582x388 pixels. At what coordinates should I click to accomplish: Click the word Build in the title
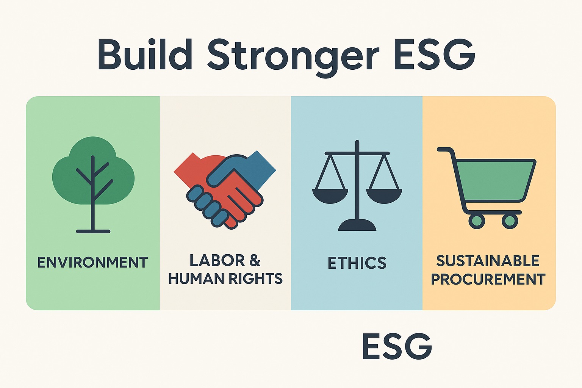145,55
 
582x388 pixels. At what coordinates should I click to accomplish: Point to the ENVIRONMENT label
93,262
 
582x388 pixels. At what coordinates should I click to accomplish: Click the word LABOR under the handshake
217,260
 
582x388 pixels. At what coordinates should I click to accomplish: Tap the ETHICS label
357,263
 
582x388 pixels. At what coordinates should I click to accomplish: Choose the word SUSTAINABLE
488,261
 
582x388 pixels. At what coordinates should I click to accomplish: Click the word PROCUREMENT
488,279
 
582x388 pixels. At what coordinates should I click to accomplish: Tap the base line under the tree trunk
93,231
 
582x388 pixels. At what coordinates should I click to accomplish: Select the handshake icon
225,190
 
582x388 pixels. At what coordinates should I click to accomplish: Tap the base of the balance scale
357,225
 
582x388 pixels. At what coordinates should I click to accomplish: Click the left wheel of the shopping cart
477,221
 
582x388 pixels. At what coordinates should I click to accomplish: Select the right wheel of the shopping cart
510,221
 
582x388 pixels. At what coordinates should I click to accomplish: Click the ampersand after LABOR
255,260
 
